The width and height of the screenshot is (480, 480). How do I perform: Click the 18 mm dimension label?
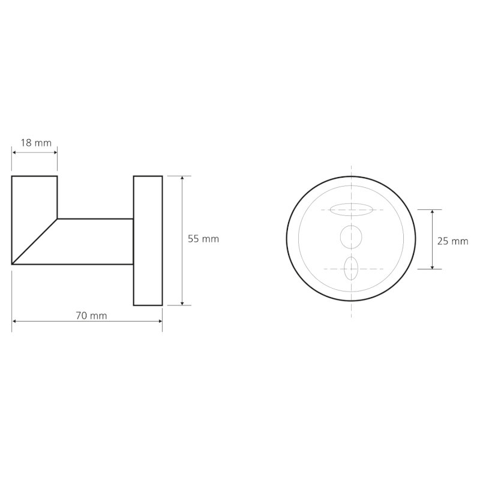[36, 143]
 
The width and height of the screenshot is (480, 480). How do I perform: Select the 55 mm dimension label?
[203, 239]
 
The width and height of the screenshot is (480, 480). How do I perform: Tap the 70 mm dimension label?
[91, 316]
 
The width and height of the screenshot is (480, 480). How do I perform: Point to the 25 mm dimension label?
[452, 241]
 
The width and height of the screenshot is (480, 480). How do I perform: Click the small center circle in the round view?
[351, 236]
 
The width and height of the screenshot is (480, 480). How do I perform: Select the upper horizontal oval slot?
[351, 209]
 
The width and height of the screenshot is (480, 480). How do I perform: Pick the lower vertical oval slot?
[351, 268]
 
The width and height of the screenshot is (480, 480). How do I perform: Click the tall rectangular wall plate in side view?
[148, 241]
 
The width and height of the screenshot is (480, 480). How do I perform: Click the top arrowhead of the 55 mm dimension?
[182, 178]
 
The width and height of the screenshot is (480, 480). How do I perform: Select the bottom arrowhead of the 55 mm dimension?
[182, 302]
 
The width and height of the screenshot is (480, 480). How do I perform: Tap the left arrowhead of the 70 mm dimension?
[15, 322]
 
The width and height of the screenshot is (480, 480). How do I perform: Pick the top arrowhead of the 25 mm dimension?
[433, 212]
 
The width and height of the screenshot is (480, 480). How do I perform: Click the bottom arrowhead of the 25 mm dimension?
[433, 266]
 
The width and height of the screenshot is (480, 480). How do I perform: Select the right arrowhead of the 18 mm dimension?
[55, 152]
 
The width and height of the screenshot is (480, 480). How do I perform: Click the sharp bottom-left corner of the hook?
[13, 263]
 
